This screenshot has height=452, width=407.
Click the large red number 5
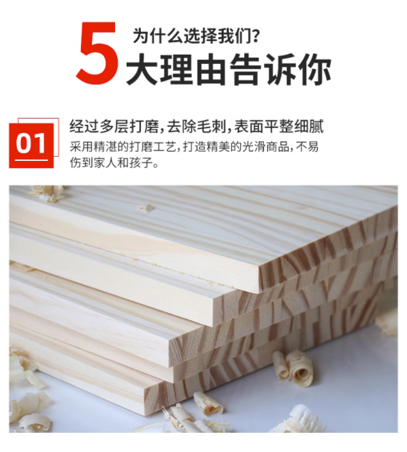tap(97, 53)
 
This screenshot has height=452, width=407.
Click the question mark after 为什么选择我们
tap(255, 36)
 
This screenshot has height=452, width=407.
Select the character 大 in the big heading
tap(142, 69)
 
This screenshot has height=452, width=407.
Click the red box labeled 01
tap(31, 146)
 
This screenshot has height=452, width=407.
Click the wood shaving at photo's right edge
tap(389, 323)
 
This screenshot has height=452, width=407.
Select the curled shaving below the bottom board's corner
tap(208, 404)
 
